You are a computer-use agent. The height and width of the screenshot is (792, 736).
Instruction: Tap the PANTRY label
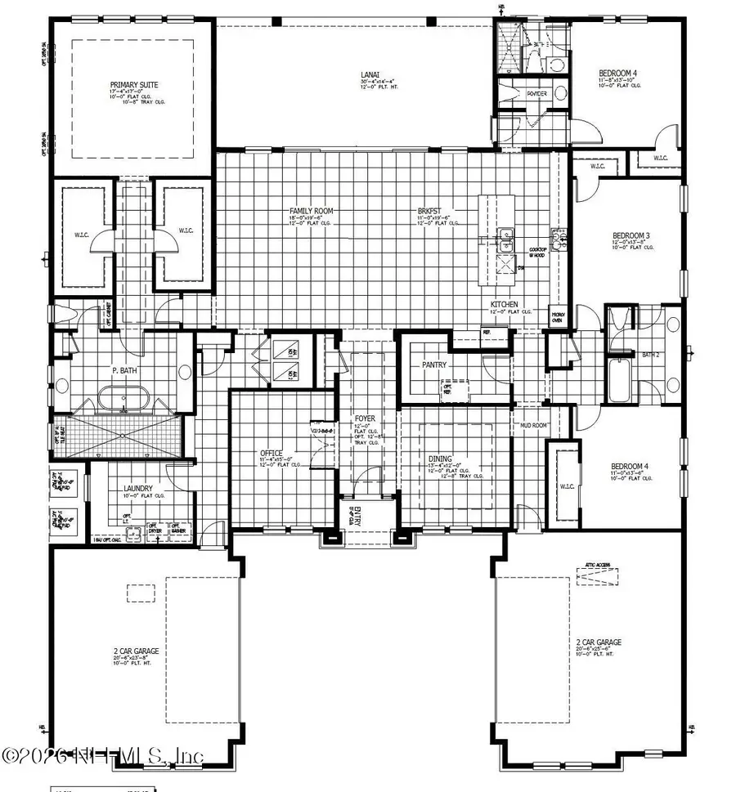pos(433,365)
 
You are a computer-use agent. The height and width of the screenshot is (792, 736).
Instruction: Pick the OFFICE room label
pos(272,453)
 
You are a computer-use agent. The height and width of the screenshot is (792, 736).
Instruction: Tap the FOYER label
pos(365,419)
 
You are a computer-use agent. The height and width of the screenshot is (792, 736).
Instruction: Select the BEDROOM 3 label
pos(631,235)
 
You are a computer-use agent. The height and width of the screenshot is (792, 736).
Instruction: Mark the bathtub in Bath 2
pos(626,381)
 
